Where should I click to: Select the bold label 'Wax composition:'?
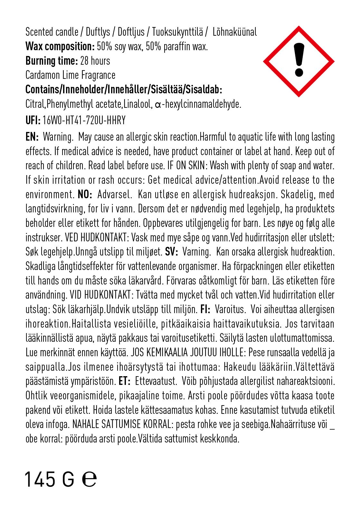[60, 47]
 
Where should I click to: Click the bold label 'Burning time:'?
[52, 61]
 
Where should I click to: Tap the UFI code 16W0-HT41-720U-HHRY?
[84, 120]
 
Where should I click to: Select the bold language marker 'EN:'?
[32, 137]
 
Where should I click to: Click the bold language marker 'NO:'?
[85, 195]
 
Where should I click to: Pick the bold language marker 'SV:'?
[172, 252]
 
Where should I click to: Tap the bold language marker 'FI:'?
[205, 309]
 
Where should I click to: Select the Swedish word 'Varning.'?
[197, 252]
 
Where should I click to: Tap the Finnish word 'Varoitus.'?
[229, 309]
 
